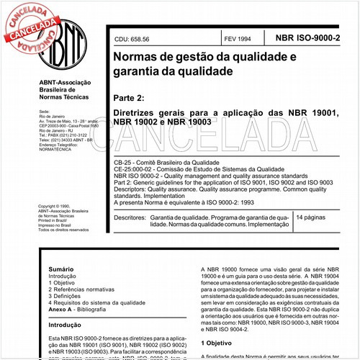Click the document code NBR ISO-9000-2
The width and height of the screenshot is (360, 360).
point(314,36)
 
